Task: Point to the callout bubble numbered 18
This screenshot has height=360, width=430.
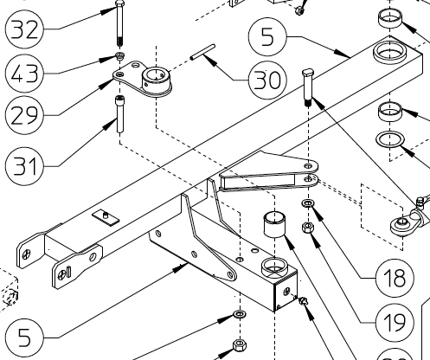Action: [381, 279]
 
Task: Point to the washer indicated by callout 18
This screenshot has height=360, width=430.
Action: [308, 204]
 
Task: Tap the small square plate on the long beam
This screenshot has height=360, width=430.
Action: [104, 215]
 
